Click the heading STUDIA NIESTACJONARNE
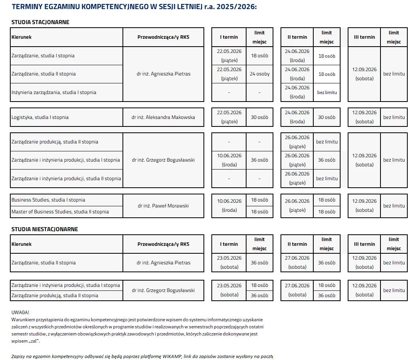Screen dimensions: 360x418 pos(45,229)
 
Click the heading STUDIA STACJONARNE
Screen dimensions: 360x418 pos(40,22)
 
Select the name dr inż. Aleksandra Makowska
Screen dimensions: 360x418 pos(163,117)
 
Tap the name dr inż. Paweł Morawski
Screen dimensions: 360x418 pos(163,206)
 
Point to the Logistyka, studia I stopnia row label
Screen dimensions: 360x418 pos(40,117)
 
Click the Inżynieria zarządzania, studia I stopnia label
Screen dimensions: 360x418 pos(54,92)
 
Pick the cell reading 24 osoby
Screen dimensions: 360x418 pos(260,74)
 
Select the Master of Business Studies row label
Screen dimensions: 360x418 pos(60,212)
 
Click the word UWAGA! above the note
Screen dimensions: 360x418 pos(20,313)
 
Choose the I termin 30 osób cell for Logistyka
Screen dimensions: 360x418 pos(260,117)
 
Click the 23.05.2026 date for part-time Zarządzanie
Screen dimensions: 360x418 pos(229,258)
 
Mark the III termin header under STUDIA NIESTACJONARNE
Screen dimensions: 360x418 pos(364,244)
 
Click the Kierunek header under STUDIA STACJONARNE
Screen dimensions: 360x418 pos(21,37)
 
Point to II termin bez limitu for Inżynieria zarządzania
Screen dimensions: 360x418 pos(327,92)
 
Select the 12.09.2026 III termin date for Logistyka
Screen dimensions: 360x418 pos(364,113)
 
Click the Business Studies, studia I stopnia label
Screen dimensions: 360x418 pos(48,200)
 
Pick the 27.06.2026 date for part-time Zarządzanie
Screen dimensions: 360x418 pos(297,258)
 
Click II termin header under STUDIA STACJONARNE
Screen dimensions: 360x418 pos(297,37)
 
